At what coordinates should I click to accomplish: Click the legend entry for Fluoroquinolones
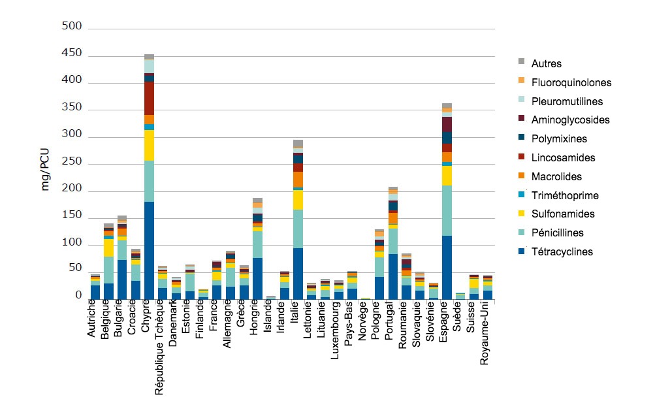(x=571, y=83)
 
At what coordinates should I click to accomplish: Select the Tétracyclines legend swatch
(x=522, y=251)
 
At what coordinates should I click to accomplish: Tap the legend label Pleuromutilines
(x=567, y=102)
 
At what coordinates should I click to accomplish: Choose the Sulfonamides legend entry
(x=562, y=214)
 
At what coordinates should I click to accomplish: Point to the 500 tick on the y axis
(x=72, y=27)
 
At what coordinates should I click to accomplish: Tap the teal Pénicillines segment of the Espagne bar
(x=447, y=210)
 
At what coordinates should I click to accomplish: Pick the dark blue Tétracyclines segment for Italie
(x=298, y=273)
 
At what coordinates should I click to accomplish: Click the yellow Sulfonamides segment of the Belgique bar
(x=108, y=248)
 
